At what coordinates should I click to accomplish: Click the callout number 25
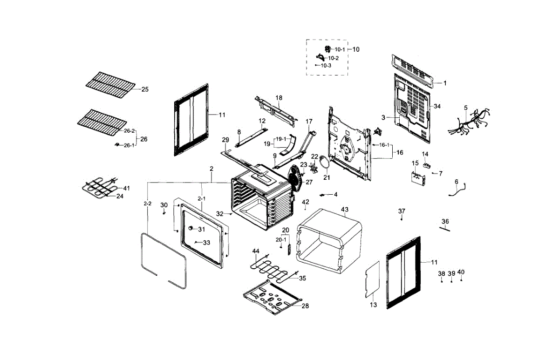145,89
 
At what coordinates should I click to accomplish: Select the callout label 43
345,209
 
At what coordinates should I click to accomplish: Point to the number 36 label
445,221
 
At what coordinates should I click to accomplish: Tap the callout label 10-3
326,66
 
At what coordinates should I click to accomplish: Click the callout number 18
279,98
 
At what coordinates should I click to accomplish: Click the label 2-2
147,204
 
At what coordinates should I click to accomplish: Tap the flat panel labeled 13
372,278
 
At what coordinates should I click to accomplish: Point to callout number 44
256,251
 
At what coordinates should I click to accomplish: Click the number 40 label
461,272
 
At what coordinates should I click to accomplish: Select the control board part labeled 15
418,178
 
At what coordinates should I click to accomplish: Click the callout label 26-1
129,145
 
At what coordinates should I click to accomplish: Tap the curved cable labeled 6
457,190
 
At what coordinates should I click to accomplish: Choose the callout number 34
437,107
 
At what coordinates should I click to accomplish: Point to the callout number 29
225,140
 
